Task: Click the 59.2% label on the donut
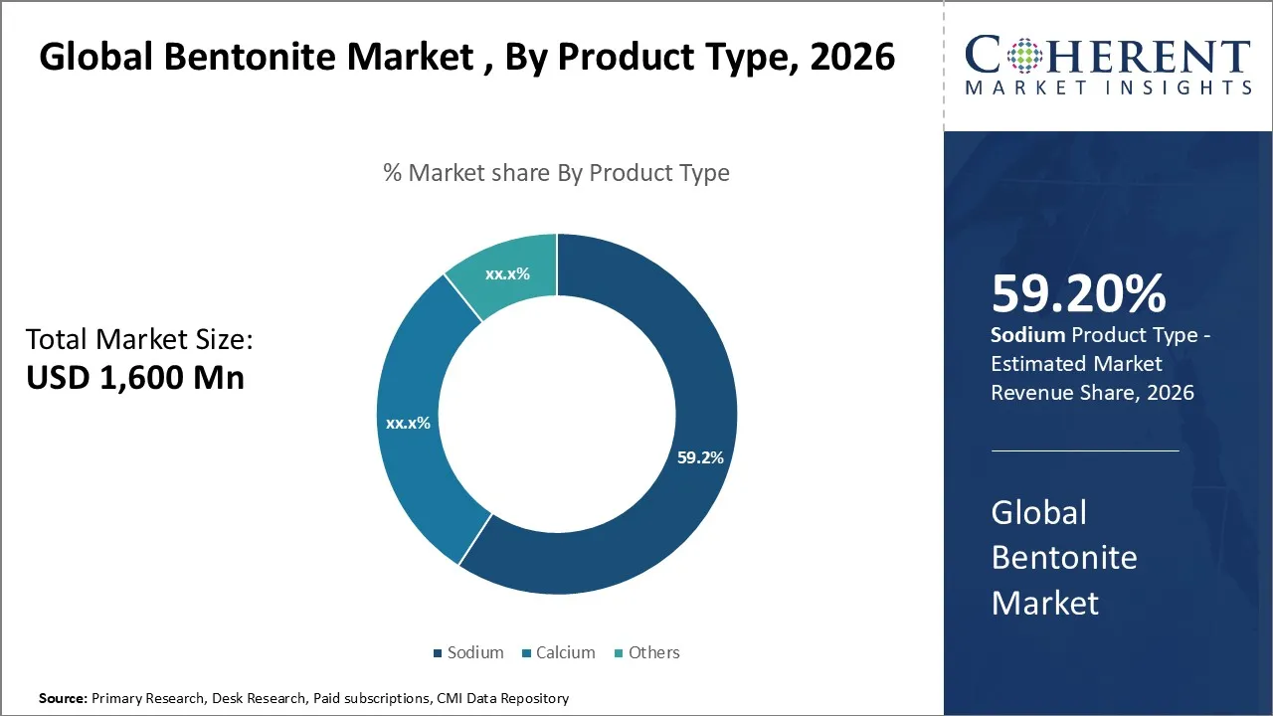pyautogui.click(x=699, y=458)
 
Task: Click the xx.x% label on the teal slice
pyautogui.click(x=507, y=273)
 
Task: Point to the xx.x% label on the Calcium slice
pyautogui.click(x=408, y=423)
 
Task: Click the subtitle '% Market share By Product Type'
pyautogui.click(x=556, y=173)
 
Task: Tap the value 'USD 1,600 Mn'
pyautogui.click(x=134, y=377)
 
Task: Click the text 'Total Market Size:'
pyautogui.click(x=139, y=340)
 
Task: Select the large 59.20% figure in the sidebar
pyautogui.click(x=1078, y=294)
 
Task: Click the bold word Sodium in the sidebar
pyautogui.click(x=1027, y=336)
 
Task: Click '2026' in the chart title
pyautogui.click(x=852, y=58)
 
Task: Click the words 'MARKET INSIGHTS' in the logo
pyautogui.click(x=1107, y=88)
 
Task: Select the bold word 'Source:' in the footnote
pyautogui.click(x=63, y=698)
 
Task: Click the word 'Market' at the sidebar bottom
pyautogui.click(x=1044, y=602)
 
